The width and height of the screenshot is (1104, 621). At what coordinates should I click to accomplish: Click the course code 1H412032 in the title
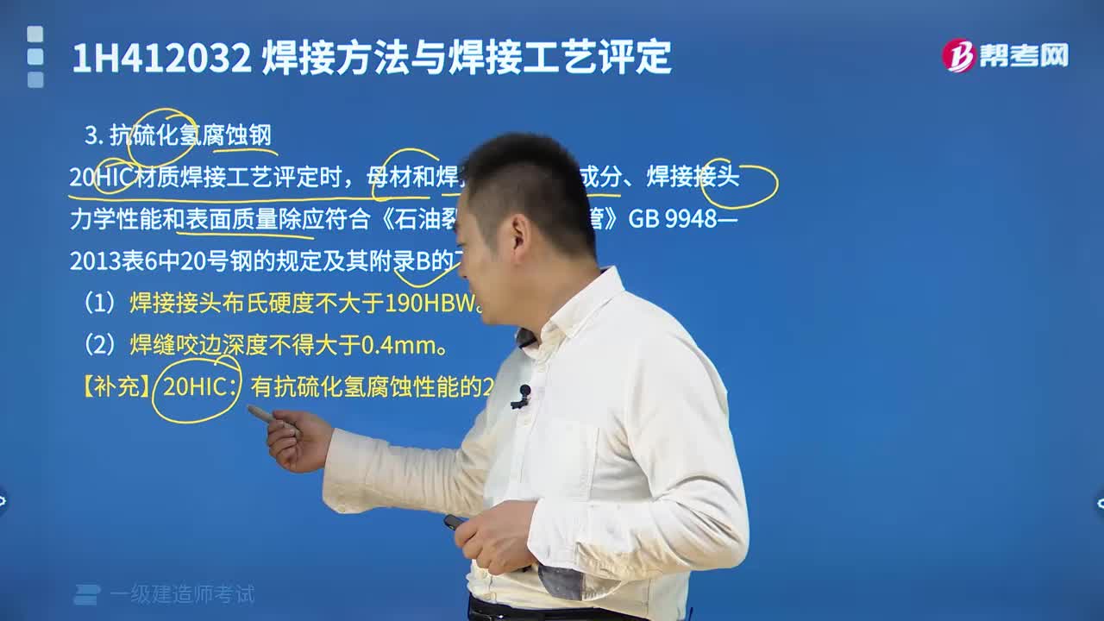tap(161, 59)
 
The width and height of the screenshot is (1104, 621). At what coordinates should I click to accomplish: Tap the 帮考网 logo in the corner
tap(1005, 56)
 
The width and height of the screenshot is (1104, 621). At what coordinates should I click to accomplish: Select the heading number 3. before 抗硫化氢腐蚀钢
tap(94, 135)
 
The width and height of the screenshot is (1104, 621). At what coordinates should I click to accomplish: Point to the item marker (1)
tap(99, 304)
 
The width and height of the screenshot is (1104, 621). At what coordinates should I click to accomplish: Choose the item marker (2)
tap(99, 346)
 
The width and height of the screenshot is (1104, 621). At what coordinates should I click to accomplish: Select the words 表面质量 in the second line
tap(231, 219)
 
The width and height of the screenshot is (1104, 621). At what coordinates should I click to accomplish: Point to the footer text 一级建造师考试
tap(182, 594)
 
